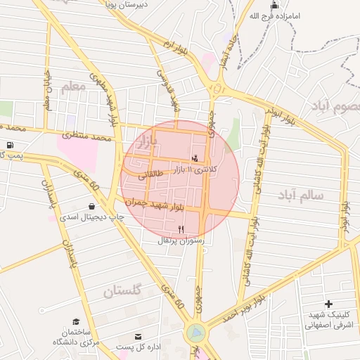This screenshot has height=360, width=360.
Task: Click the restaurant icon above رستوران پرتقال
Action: (x=181, y=229)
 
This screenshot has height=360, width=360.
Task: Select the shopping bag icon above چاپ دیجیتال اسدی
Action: (x=92, y=206)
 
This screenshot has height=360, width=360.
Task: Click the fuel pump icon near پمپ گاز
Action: (x=9, y=146)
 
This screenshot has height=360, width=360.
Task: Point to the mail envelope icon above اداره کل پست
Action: (x=138, y=337)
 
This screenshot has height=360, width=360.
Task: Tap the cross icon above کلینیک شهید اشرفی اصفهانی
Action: (x=329, y=303)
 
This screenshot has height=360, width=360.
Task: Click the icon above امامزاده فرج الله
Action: (x=274, y=5)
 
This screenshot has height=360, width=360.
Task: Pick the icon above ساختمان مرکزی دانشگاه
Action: (x=76, y=321)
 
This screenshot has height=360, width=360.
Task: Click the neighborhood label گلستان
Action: (x=122, y=290)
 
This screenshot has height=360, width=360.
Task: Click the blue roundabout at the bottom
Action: (x=196, y=332)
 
